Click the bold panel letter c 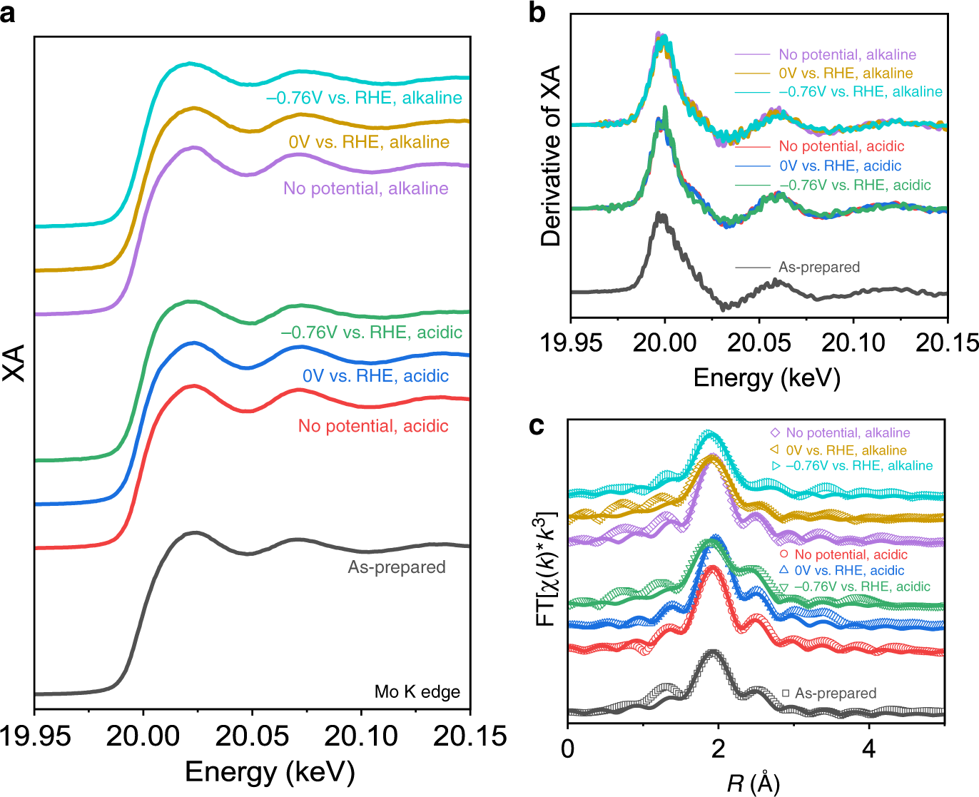point(537,426)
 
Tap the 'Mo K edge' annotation point(417,691)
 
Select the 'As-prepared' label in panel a point(397,567)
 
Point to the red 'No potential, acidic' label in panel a point(373,426)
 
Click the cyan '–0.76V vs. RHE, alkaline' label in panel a point(364,98)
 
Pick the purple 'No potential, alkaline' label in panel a point(366,188)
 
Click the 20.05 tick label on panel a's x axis point(253,736)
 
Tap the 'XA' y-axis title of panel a point(14,363)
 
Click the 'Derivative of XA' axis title point(551,156)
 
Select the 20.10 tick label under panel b point(853,342)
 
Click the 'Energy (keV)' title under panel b point(766,377)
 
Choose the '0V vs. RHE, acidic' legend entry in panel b point(840,166)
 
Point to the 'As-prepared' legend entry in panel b point(819,267)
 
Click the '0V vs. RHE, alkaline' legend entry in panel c point(846,450)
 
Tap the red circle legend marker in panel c point(783,554)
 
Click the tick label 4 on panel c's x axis point(869,749)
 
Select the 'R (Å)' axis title point(754,783)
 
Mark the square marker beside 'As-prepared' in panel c point(786,693)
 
